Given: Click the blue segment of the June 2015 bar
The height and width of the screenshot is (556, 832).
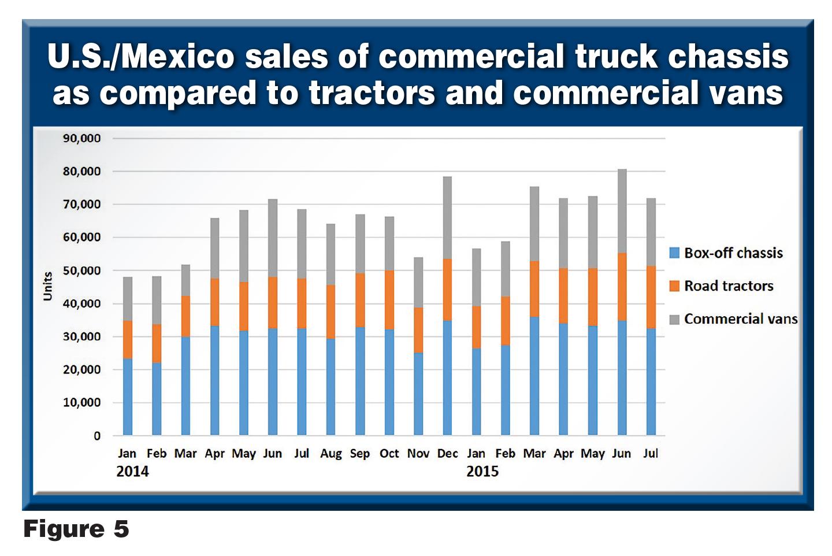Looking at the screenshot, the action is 622,377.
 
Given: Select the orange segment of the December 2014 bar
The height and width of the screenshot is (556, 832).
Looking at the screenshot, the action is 447,290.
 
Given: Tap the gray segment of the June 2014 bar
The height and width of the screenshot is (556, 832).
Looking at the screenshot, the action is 273,238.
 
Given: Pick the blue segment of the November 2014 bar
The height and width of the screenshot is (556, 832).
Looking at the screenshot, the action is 418,394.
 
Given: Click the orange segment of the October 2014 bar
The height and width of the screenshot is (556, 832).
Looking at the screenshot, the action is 389,300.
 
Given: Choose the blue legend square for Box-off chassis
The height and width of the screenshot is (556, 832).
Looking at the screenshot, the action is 674,253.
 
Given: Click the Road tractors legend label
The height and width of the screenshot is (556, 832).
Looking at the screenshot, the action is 729,286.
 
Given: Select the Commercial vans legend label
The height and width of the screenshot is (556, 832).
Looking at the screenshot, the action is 741,319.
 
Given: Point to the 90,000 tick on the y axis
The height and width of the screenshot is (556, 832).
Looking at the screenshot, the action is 81,138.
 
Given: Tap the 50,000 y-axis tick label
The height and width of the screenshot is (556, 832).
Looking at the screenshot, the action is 81,270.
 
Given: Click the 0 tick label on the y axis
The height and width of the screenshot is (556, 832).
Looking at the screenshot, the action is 97,436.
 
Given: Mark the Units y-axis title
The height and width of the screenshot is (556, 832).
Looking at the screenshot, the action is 47,286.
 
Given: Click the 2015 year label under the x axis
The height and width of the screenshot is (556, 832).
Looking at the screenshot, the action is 482,471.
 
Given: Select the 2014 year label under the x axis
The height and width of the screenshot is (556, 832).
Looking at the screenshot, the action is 132,471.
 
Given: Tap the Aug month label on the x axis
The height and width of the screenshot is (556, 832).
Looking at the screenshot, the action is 331,454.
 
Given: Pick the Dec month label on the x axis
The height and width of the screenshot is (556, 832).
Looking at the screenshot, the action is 447,454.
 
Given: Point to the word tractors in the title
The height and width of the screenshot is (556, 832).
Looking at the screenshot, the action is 372,92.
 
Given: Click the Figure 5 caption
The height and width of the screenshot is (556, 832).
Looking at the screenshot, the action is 76,529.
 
